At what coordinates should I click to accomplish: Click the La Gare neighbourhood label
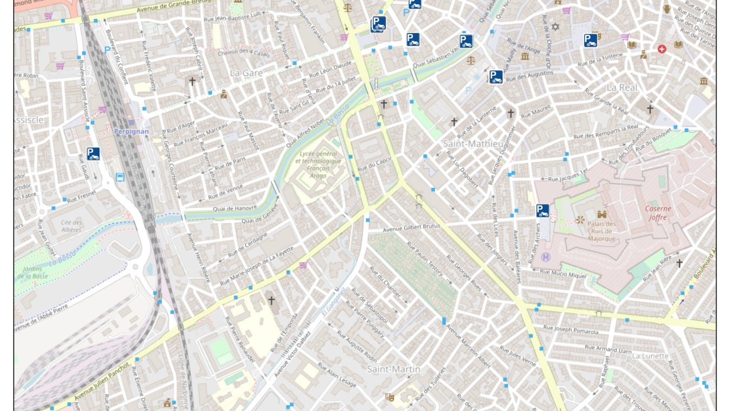click(x=246, y=72)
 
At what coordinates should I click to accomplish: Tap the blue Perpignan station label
click(x=131, y=131)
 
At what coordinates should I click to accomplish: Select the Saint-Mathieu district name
click(x=473, y=143)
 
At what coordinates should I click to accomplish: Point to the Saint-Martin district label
click(x=393, y=369)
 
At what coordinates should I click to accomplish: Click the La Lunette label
click(x=650, y=356)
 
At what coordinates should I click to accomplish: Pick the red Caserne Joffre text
click(x=658, y=213)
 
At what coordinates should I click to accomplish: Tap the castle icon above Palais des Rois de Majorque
click(x=601, y=214)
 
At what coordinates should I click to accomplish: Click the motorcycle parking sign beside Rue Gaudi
click(x=93, y=154)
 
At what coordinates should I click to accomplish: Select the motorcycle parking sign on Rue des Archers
click(x=543, y=211)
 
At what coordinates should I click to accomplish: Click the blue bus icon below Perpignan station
click(x=120, y=177)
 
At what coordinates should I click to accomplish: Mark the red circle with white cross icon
click(x=661, y=49)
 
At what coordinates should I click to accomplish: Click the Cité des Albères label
click(x=71, y=226)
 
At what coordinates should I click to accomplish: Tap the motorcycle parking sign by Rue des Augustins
click(x=496, y=77)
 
